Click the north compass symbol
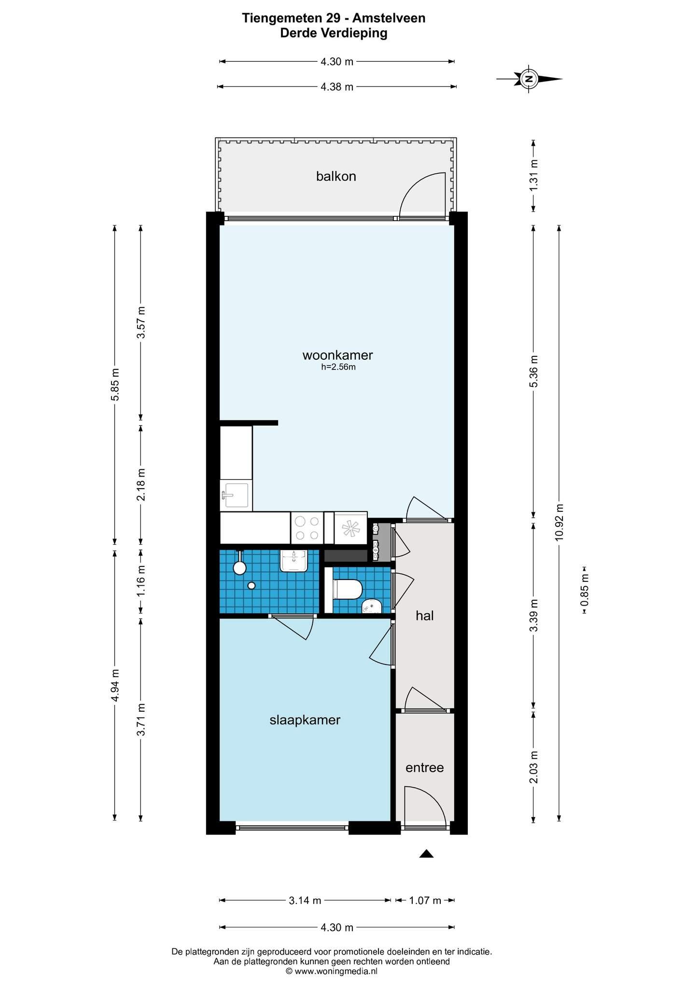pos(530,78)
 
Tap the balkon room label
pos(336,176)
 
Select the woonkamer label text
pos(337,355)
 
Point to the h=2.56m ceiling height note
pos(338,367)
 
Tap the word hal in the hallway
pos(425,615)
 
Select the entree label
pos(424,767)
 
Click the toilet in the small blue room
pos(348,589)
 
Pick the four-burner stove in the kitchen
pos(307,528)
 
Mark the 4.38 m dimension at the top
pos(337,87)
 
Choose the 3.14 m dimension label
pos(305,900)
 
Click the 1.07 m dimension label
pos(425,900)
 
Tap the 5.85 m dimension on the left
pos(115,384)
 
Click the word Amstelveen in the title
pos(389,18)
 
